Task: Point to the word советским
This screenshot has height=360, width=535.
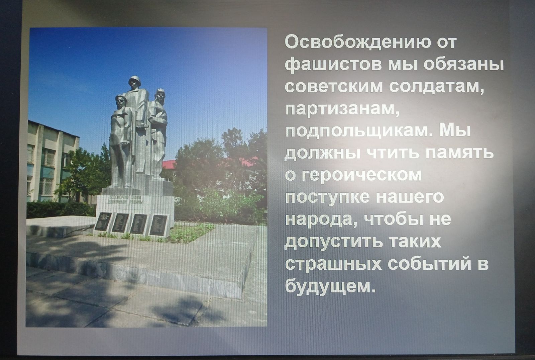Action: (334, 87)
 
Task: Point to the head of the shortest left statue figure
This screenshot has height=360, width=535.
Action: (121, 102)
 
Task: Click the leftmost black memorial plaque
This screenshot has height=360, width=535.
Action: (103, 221)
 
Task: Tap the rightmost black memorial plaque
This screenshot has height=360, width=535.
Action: (158, 226)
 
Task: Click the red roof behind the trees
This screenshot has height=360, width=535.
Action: (169, 164)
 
